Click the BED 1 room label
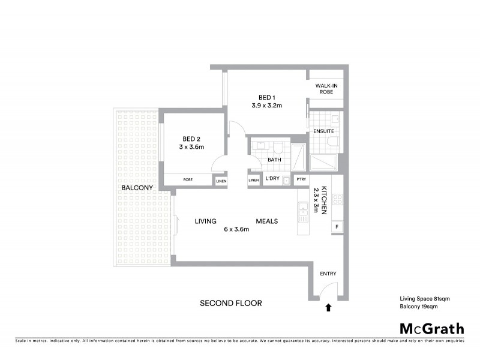[267, 97]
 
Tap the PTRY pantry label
[301, 180]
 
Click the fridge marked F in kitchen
[337, 226]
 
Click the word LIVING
[205, 221]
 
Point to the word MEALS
[266, 221]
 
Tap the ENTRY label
[328, 274]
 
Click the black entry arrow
[328, 308]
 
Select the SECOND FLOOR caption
[231, 303]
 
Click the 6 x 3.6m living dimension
[236, 229]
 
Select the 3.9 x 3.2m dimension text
[267, 106]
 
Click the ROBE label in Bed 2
[188, 179]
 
